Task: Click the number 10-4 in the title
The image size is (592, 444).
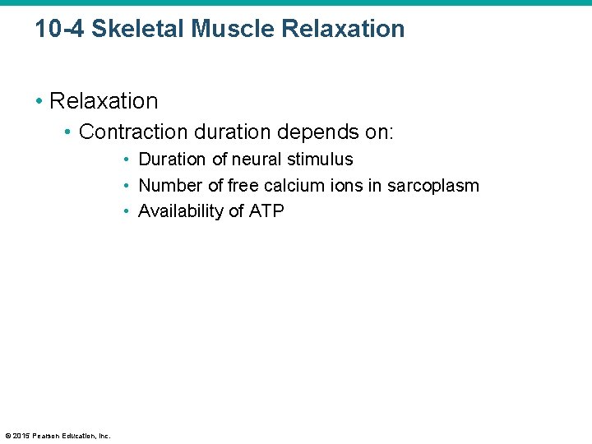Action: tap(59, 29)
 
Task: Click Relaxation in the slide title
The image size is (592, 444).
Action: tap(343, 29)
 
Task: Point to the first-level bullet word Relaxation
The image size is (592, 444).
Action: tap(104, 101)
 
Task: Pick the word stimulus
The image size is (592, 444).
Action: tap(321, 160)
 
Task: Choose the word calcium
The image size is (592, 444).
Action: tap(294, 186)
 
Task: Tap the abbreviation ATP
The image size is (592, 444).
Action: tap(266, 211)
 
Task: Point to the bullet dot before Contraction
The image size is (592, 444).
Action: tap(68, 132)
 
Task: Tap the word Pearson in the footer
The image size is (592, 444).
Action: tap(47, 435)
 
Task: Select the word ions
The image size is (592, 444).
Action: tap(346, 186)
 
